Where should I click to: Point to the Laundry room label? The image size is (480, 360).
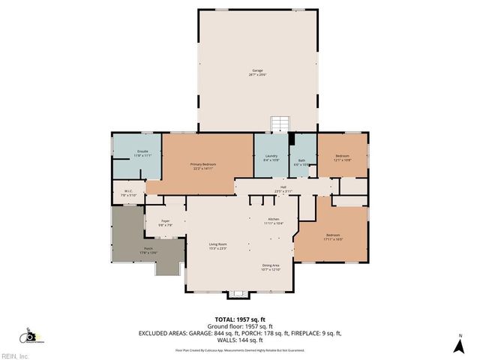(x=271, y=158)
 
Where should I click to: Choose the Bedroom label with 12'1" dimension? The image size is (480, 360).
(x=342, y=157)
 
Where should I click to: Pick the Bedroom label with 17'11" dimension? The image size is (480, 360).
(x=333, y=236)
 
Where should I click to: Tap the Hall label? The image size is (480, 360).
(x=283, y=188)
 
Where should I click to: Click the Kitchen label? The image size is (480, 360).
(x=274, y=221)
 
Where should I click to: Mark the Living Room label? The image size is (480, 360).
(x=217, y=246)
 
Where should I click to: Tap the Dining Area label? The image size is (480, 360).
(x=271, y=267)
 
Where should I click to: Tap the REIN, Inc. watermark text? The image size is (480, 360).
(x=14, y=355)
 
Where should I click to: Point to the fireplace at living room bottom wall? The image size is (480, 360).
(x=239, y=293)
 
